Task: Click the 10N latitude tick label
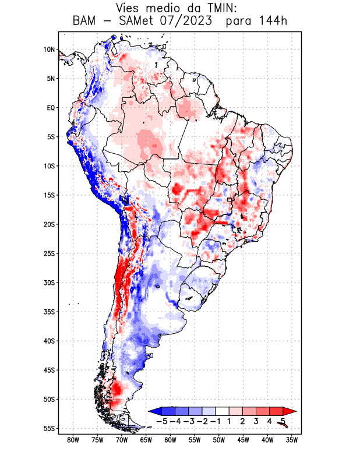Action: [x=50, y=50]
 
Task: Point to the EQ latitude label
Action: [x=51, y=108]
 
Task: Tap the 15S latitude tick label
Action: [x=50, y=195]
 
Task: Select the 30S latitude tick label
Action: [x=50, y=283]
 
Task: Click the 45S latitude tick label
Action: [x=50, y=370]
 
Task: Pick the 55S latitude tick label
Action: [x=50, y=428]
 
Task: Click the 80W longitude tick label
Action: [x=73, y=440]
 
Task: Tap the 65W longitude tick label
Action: [x=146, y=440]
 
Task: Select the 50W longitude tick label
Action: [x=218, y=440]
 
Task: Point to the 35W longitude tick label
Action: [x=292, y=440]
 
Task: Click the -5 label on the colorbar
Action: [x=162, y=421]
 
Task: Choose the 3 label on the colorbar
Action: [x=256, y=421]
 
